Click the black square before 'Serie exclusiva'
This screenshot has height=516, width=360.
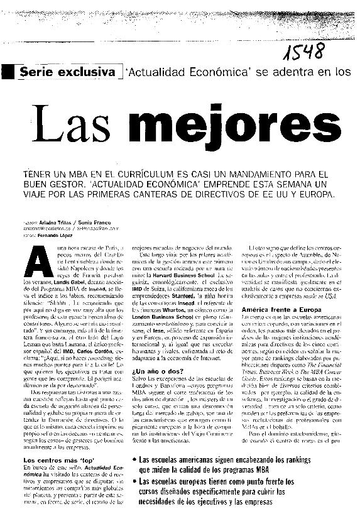[10, 72]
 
